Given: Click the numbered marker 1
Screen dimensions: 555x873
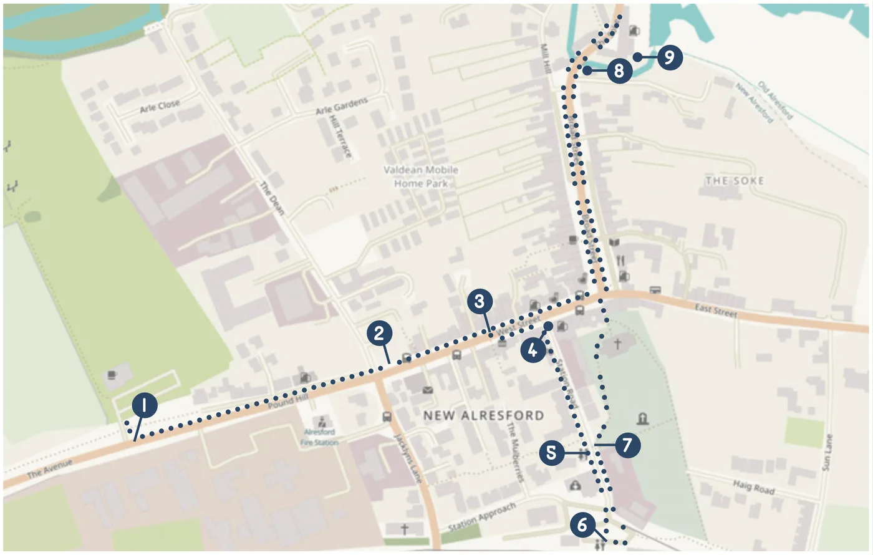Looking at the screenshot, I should [144, 406].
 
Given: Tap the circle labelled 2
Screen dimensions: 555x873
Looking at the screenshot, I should [379, 333].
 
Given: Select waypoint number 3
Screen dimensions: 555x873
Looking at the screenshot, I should [479, 302].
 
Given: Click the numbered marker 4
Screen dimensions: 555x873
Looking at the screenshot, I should [533, 351].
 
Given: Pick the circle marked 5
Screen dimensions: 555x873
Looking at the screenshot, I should [551, 452].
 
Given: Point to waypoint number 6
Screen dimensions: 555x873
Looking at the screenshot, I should [582, 524].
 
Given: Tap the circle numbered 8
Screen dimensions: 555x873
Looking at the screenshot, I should [619, 70].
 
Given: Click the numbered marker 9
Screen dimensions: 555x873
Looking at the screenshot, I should [669, 57].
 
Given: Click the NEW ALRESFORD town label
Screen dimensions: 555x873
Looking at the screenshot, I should [483, 415].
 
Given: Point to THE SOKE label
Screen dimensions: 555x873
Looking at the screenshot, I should [735, 181].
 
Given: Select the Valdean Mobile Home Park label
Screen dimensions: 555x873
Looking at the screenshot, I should [421, 176].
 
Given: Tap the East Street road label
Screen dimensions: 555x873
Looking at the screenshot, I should [716, 310].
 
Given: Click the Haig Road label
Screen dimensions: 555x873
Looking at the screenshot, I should [753, 486].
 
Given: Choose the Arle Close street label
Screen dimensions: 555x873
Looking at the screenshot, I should [160, 107].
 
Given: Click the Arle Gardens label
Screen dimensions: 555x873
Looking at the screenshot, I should [342, 105].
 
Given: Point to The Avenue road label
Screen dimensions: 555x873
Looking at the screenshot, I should [50, 469].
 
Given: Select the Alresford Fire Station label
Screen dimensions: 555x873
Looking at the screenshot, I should [319, 437].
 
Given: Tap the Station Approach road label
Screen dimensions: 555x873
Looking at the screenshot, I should [482, 517].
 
